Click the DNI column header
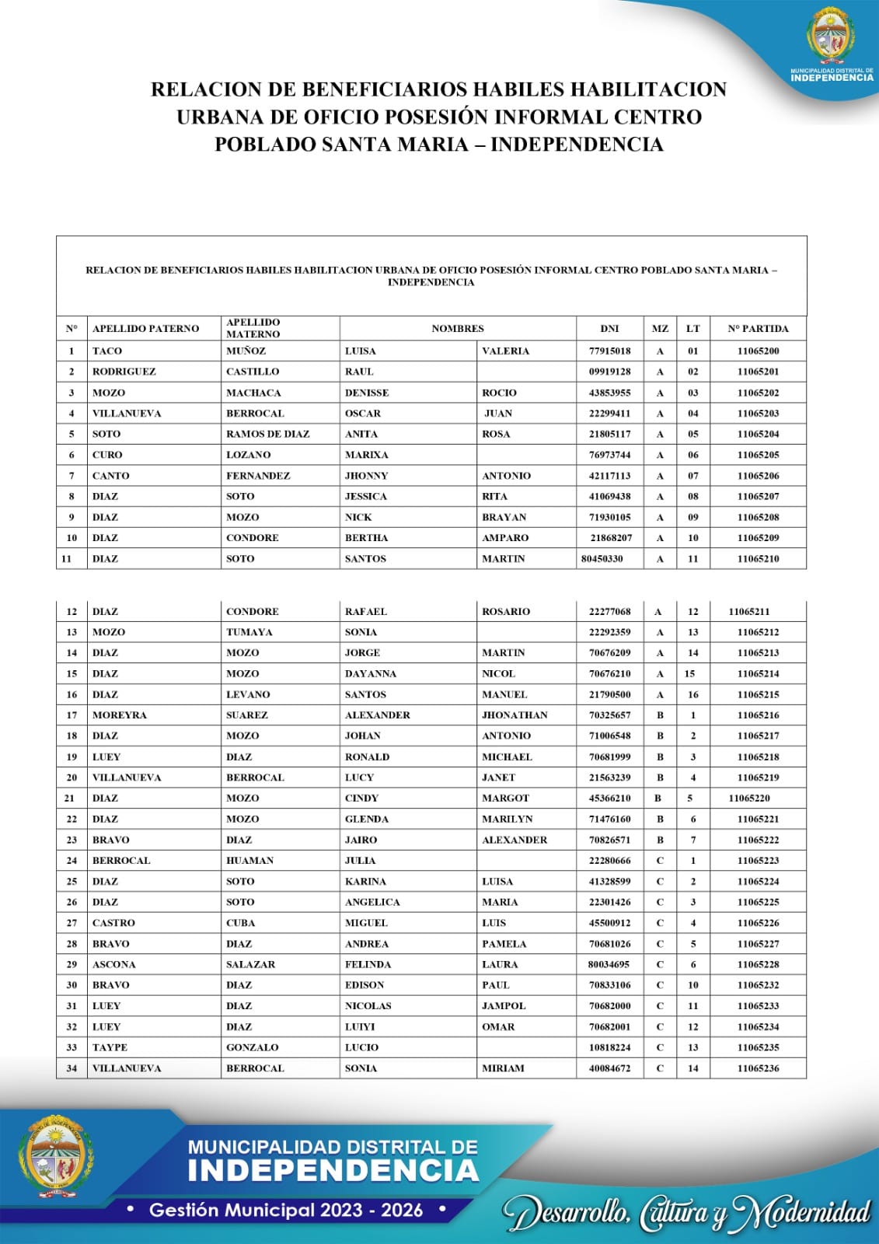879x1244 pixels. coord(609,329)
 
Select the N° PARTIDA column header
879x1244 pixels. coord(758,329)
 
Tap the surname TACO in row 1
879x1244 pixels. coord(107,351)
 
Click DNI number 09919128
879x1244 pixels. coord(609,372)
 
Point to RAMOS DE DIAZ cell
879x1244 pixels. coord(268,435)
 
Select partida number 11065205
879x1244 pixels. coord(758,455)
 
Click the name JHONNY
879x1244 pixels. coord(366,476)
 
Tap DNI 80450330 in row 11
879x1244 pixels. coord(602,559)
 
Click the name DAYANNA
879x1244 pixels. coord(371,674)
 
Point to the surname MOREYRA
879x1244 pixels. coord(120,715)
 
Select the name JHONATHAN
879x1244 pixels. coord(514,715)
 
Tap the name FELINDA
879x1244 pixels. coord(368,965)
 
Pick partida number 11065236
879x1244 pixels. coord(758,1069)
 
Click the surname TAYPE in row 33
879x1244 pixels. coord(110,1048)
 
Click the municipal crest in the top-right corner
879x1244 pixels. coord(831,36)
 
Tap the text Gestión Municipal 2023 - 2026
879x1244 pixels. coord(286,1210)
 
